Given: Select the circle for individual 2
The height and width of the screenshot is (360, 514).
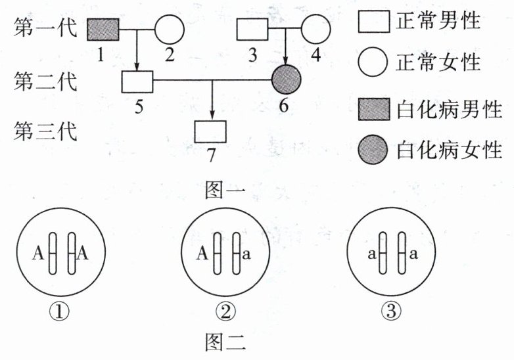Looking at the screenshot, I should [x=170, y=30].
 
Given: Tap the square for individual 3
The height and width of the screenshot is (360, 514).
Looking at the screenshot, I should [x=252, y=30].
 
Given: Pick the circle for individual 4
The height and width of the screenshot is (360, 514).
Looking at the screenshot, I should [x=316, y=30].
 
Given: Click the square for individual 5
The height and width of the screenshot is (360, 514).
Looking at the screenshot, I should [x=137, y=82].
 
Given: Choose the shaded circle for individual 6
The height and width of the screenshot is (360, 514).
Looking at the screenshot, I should [x=287, y=82].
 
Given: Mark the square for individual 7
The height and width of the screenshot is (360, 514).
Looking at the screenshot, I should [x=210, y=131].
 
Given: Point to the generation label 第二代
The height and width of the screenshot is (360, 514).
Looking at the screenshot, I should [x=45, y=82].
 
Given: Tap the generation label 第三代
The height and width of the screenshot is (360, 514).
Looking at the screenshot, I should [x=45, y=131].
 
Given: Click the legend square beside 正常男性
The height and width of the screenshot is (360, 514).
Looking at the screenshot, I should [x=373, y=23].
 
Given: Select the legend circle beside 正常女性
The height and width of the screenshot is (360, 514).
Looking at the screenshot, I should [x=373, y=63].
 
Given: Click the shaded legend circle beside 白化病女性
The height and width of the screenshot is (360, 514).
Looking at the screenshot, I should [x=373, y=151].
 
